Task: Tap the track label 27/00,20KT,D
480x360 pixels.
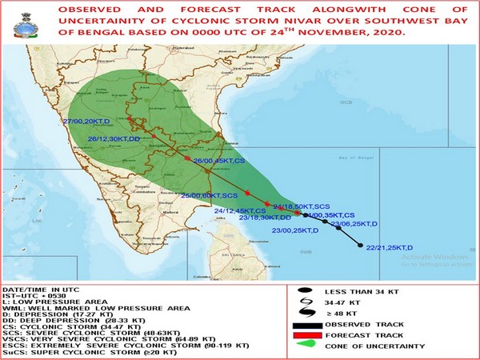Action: [92, 122]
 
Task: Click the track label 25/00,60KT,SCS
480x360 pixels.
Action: [210, 194]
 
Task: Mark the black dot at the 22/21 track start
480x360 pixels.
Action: [362, 246]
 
